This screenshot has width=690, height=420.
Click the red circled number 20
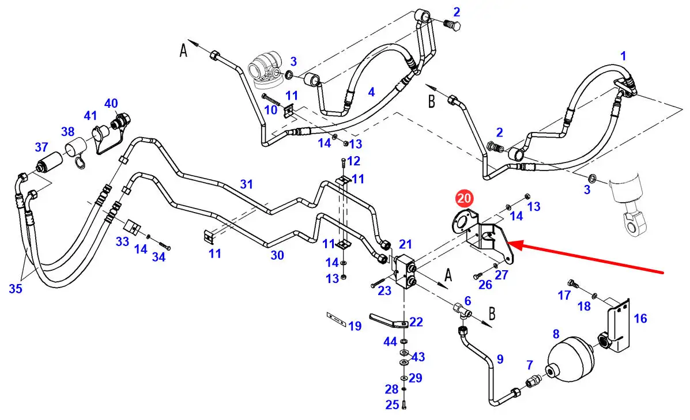pyautogui.click(x=464, y=199)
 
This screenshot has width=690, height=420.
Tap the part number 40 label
pyautogui.click(x=111, y=104)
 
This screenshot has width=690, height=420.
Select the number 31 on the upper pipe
pyautogui.click(x=247, y=184)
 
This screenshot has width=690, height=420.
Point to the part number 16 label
pyautogui.click(x=640, y=319)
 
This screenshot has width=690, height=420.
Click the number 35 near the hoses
pyautogui.click(x=16, y=289)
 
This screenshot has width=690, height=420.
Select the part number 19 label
pyautogui.click(x=355, y=327)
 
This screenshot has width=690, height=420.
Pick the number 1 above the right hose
pyautogui.click(x=623, y=56)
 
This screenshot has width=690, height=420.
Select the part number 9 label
pyautogui.click(x=500, y=359)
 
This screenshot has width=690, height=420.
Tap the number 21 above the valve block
pyautogui.click(x=405, y=244)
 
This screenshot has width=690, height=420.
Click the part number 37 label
pyautogui.click(x=41, y=147)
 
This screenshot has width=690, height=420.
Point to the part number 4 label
pyautogui.click(x=371, y=92)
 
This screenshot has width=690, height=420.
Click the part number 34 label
pyautogui.click(x=159, y=257)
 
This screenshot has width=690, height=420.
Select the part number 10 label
pyautogui.click(x=270, y=109)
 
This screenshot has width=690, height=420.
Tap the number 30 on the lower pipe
pyautogui.click(x=277, y=255)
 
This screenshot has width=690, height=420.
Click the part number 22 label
pyautogui.click(x=416, y=321)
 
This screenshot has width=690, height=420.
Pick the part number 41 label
pyautogui.click(x=91, y=115)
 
